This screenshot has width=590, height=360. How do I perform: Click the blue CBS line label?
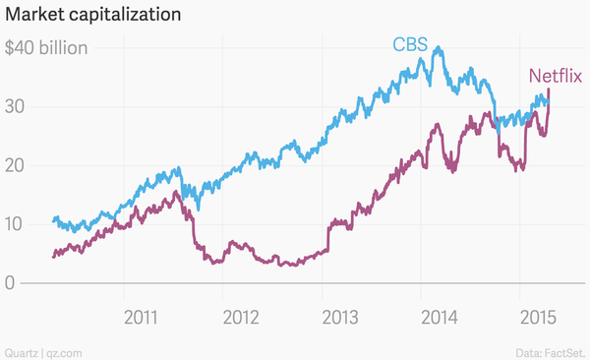[x=410, y=44]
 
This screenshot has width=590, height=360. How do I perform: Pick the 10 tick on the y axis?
[x=15, y=224]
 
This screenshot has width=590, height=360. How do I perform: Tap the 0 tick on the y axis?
[x=10, y=283]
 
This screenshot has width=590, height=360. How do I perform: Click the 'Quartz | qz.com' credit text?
[x=42, y=351]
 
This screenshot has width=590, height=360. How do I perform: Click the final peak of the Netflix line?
[x=548, y=90]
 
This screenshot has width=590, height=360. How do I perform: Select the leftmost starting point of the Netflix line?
[x=52, y=257]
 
